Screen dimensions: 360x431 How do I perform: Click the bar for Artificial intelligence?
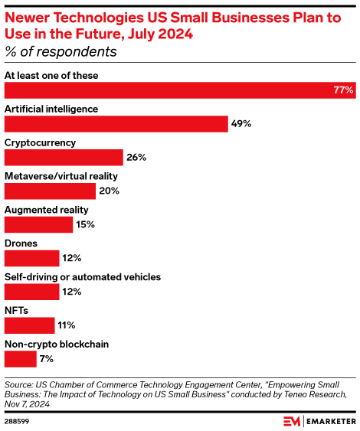click(x=116, y=124)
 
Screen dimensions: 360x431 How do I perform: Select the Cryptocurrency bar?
click(x=64, y=158)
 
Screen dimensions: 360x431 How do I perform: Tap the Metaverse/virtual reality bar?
click(x=50, y=191)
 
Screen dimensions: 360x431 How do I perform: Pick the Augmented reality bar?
click(x=38, y=225)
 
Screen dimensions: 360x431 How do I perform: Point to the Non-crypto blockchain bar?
click(x=21, y=359)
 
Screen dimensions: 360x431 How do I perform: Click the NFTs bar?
click(x=29, y=325)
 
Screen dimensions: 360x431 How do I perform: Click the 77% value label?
click(x=343, y=90)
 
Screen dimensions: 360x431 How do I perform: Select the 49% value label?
click(x=241, y=124)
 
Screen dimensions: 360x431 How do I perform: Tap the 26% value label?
click(x=136, y=158)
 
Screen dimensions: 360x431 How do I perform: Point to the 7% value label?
click(x=47, y=359)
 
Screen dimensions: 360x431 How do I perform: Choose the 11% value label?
click(x=67, y=325)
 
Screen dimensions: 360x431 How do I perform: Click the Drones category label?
click(x=21, y=243)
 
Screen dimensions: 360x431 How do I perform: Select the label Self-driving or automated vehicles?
click(x=83, y=277)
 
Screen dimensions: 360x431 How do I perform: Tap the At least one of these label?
click(x=51, y=76)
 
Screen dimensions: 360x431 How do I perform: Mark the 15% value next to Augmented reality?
click(x=86, y=224)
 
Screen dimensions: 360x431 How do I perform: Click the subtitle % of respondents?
click(x=61, y=52)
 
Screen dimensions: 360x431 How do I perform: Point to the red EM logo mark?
click(x=292, y=421)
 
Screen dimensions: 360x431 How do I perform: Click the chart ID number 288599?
click(x=17, y=422)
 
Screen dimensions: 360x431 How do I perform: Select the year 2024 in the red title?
click(x=175, y=34)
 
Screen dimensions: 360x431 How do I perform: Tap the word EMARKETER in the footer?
click(x=331, y=422)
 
